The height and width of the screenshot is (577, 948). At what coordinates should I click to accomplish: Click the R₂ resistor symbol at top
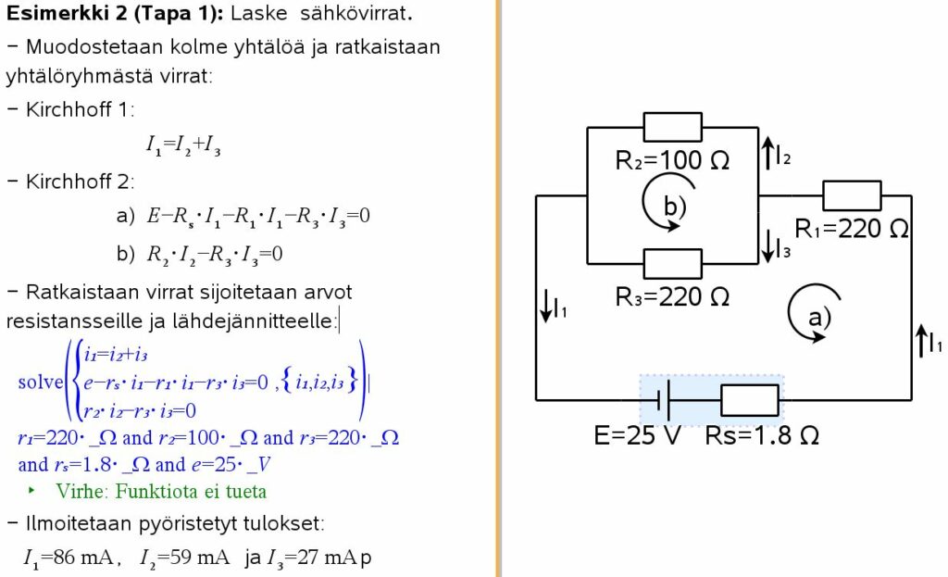pos(673,127)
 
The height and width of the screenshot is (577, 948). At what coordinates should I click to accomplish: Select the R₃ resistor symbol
pos(673,263)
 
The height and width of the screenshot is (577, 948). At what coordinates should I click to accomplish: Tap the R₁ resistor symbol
pos(852,195)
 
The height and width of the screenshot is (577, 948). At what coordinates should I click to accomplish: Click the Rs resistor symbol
pos(750,399)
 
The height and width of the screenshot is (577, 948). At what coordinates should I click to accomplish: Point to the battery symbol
pos(663,399)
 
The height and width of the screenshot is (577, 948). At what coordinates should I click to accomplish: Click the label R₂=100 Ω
pos(672,160)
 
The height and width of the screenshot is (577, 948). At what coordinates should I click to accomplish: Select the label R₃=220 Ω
pos(672,296)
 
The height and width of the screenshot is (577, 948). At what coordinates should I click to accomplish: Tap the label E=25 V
pos(637,435)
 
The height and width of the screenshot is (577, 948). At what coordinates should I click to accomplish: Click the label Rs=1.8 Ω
pos(762,435)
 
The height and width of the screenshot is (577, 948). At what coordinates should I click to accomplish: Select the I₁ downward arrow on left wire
pos(546,306)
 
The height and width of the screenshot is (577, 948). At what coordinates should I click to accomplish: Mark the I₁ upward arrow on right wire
pos(922,341)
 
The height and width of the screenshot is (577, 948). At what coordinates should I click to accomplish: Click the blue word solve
pos(38,382)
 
